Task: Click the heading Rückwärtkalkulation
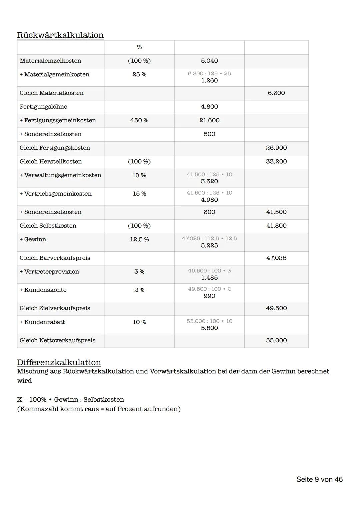[60, 35]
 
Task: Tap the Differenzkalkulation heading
[59, 362]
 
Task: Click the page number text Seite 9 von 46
[319, 479]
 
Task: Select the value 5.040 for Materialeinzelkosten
[209, 61]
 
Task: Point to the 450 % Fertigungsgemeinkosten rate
[139, 120]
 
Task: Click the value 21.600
[209, 120]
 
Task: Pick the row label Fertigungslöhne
[43, 107]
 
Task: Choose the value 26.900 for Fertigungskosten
[276, 148]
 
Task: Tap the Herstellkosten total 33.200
[276, 161]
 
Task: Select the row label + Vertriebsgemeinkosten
[56, 194]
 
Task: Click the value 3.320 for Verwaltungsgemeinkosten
[209, 181]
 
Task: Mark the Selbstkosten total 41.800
[276, 226]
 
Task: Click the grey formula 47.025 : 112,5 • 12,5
[209, 238]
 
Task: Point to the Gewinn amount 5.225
[209, 245]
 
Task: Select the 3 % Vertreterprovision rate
[139, 272]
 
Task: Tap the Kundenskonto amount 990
[209, 296]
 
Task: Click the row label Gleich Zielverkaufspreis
[55, 308]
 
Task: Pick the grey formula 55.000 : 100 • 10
[209, 321]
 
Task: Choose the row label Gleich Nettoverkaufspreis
[57, 340]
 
